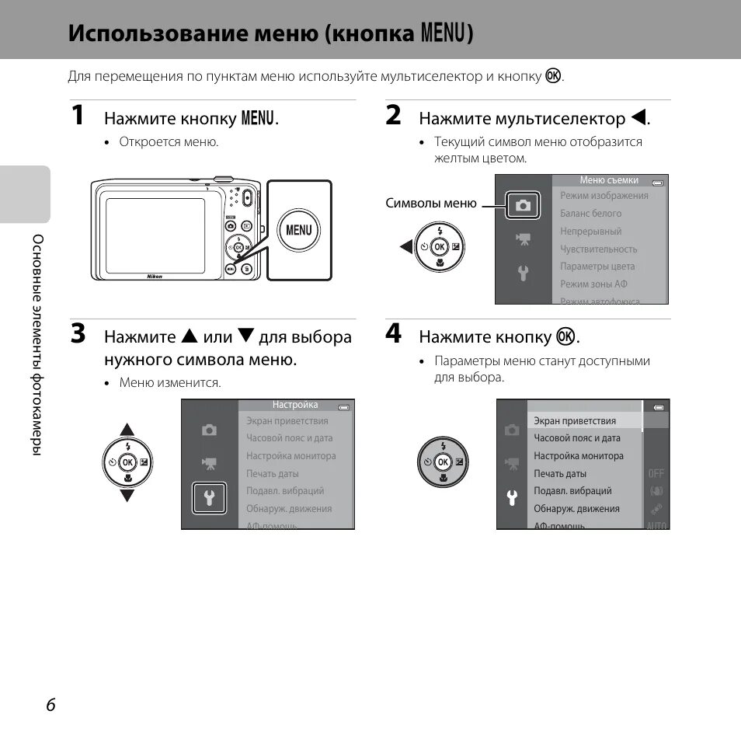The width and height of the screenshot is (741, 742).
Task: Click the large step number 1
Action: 77,116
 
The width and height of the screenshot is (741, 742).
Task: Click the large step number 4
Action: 394,334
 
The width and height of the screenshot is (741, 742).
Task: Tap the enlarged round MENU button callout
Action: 299,230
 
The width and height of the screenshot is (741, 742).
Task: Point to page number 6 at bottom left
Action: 50,705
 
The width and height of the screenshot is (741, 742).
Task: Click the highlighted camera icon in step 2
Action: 523,205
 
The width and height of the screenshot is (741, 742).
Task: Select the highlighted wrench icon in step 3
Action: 209,498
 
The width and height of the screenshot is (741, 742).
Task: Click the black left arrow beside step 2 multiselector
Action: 405,247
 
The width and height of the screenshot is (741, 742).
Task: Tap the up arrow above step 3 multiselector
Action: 127,430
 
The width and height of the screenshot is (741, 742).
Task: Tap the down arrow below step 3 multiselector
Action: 127,495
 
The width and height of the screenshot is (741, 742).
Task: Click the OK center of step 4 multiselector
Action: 443,462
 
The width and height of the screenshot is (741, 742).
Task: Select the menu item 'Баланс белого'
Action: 591,214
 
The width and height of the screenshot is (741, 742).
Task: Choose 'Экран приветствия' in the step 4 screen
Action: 575,421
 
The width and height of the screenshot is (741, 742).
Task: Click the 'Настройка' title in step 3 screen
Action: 295,405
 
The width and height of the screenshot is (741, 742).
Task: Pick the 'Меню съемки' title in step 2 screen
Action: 609,180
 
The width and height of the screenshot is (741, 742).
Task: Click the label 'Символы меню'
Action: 431,204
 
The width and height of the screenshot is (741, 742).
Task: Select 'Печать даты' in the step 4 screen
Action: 560,474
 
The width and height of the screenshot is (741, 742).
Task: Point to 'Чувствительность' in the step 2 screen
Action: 599,249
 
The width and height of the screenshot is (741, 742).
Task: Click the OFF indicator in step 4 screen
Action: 656,473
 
